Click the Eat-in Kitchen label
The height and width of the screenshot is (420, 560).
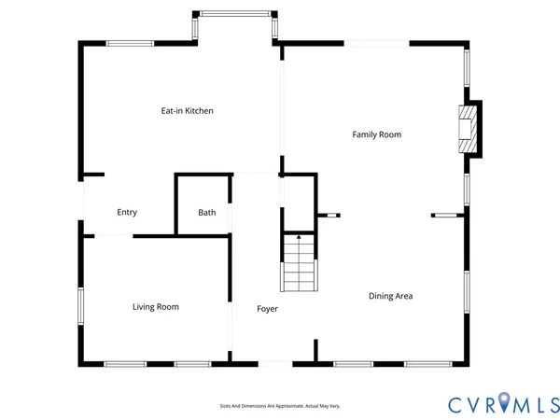pyautogui.click(x=187, y=111)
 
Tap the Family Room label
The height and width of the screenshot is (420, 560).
pyautogui.click(x=376, y=134)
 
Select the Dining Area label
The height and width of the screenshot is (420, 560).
pyautogui.click(x=390, y=296)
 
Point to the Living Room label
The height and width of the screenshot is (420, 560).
pyautogui.click(x=155, y=306)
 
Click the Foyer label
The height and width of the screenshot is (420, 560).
pyautogui.click(x=267, y=308)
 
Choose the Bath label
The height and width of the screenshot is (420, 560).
pyautogui.click(x=206, y=212)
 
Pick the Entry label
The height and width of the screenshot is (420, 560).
pyautogui.click(x=127, y=212)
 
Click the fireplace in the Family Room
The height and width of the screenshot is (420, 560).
pyautogui.click(x=467, y=128)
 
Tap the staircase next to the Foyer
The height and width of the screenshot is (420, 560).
pyautogui.click(x=299, y=267)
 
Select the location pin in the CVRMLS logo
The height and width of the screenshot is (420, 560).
pyautogui.click(x=505, y=402)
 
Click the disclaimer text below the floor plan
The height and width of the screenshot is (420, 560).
pyautogui.click(x=280, y=406)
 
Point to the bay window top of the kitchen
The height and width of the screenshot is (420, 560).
pyautogui.click(x=235, y=13)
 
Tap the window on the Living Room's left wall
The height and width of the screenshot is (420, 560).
pyautogui.click(x=81, y=306)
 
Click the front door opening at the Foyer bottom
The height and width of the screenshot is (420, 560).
pyautogui.click(x=274, y=363)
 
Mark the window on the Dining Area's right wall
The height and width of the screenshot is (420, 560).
pyautogui.click(x=466, y=297)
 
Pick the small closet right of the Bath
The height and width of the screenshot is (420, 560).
pyautogui.click(x=298, y=203)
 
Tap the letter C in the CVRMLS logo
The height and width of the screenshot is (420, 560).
pyautogui.click(x=455, y=403)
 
